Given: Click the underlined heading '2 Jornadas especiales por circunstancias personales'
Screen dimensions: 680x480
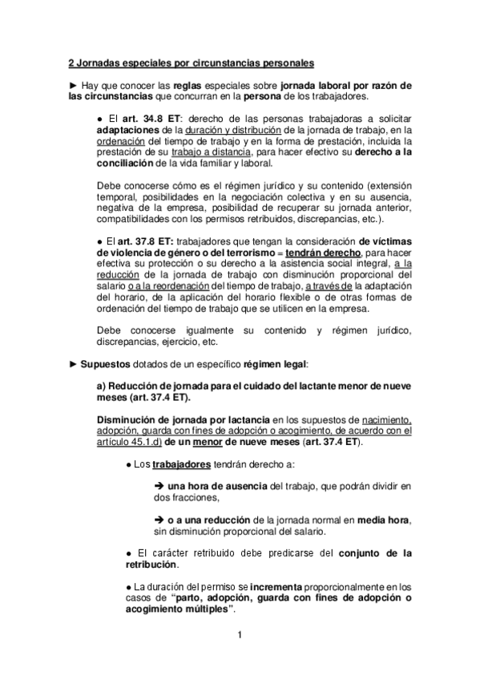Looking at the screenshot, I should [191, 62].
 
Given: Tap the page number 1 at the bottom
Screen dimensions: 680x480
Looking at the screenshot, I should [240, 637].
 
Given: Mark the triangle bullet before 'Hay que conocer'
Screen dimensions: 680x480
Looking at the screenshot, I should [73, 85].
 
